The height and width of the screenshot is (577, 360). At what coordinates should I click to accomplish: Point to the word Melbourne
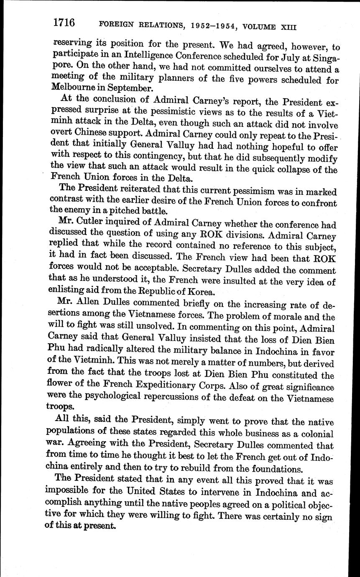(71, 88)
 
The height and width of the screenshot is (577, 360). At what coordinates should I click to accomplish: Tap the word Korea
(193, 291)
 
